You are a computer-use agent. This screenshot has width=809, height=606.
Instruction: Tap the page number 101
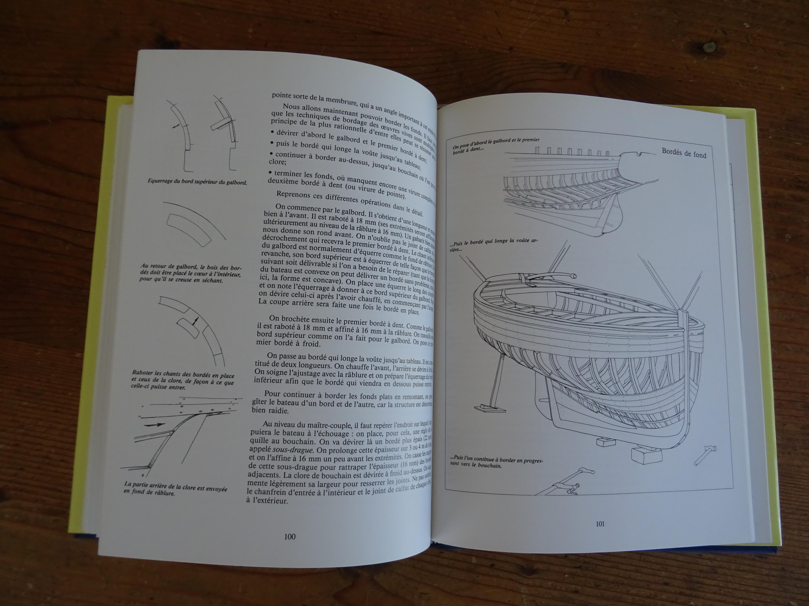[600, 524]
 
